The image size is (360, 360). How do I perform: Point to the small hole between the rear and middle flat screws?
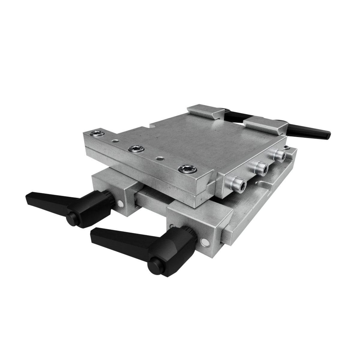[114, 140]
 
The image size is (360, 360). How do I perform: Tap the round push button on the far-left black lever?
[72, 218]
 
